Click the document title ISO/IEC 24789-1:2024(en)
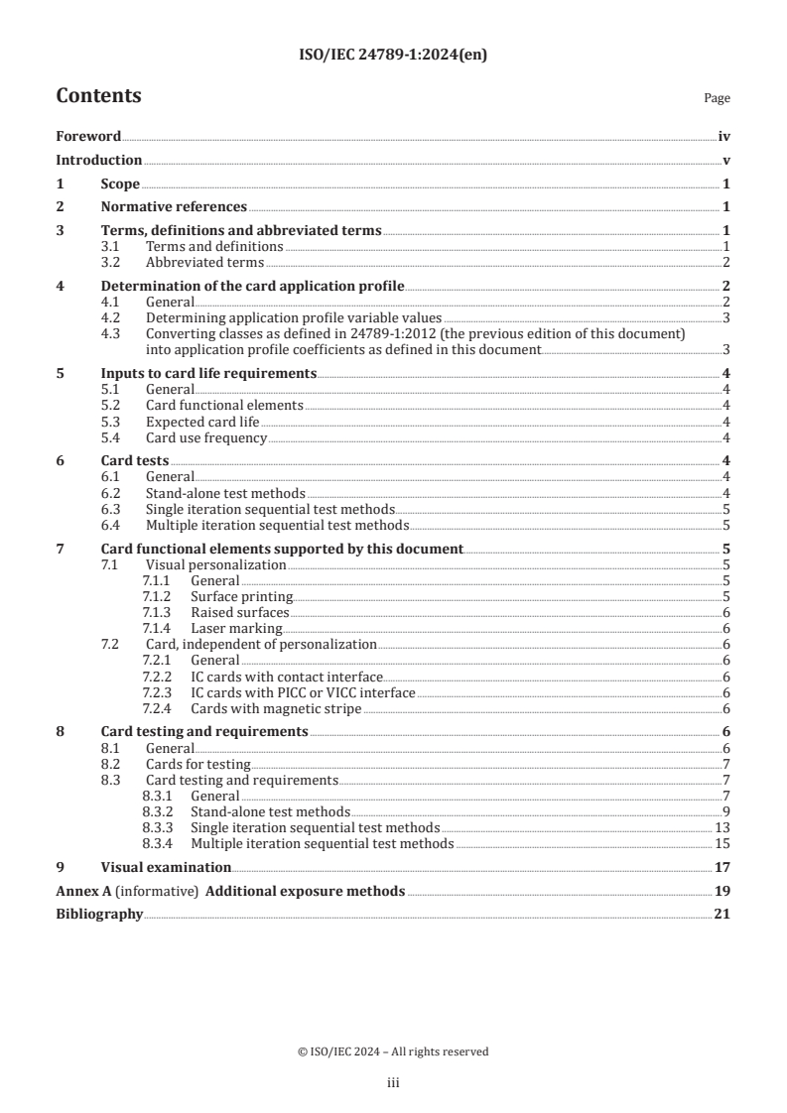(393, 56)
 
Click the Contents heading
(98, 96)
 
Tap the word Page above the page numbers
(717, 99)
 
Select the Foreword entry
(88, 137)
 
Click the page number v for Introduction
(726, 161)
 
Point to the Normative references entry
(174, 207)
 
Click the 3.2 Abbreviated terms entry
(204, 263)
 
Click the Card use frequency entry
(206, 438)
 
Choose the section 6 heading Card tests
(135, 461)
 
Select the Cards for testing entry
(197, 765)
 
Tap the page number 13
(721, 828)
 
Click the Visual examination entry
(160, 867)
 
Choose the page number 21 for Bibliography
(721, 915)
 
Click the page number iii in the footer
(393, 1084)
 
